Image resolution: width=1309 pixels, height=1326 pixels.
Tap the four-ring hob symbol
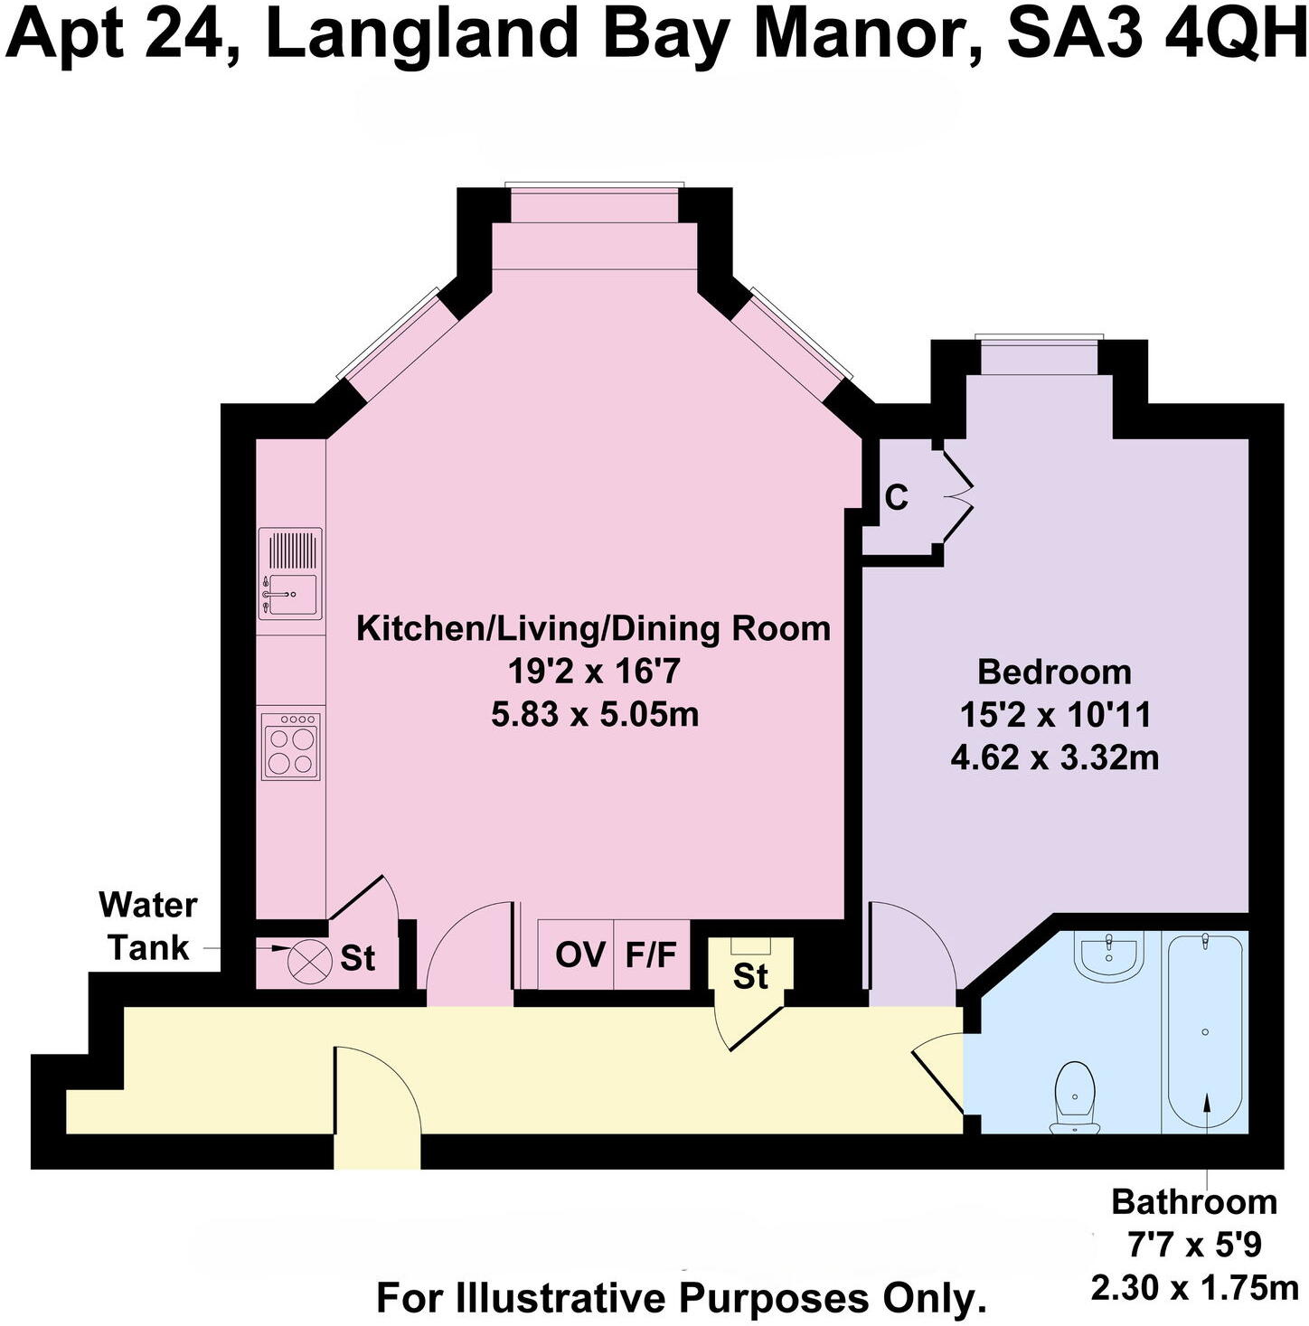coord(290,747)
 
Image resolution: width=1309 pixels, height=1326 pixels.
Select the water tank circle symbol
coord(303,959)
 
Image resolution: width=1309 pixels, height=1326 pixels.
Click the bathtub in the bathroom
coord(1205,1031)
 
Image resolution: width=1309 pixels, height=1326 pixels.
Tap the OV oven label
coord(579,955)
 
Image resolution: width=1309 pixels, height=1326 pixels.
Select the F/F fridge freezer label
coord(651,955)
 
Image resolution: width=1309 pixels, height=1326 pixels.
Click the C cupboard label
coord(896,498)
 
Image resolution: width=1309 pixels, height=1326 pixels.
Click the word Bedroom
coord(1054,672)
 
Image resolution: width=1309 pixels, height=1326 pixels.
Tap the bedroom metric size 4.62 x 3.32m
coord(1054,757)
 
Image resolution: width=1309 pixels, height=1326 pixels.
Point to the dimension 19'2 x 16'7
coord(593,672)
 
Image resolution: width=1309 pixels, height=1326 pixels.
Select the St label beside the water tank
coord(358,959)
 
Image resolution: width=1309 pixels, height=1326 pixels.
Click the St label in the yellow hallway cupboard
coord(750,976)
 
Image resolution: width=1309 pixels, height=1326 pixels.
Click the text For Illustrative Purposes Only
coord(681,1299)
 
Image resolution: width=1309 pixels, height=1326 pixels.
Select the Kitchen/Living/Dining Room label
coord(593,628)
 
